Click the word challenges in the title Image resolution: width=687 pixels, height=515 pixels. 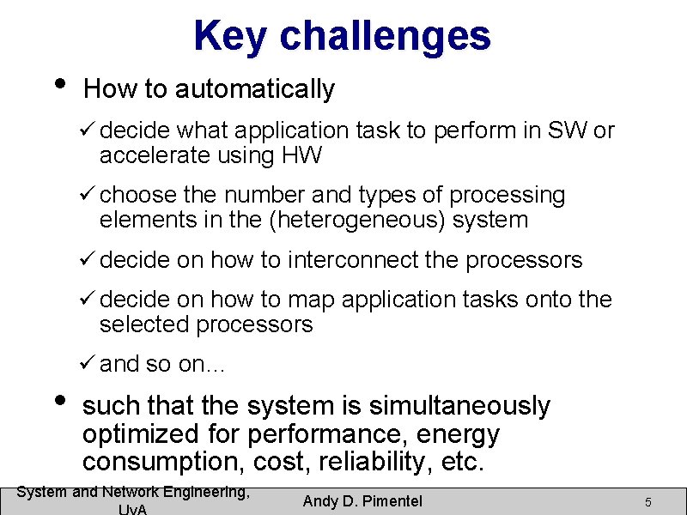(386, 36)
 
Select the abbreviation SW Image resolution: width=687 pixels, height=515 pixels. (568, 130)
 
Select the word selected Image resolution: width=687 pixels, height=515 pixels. (145, 324)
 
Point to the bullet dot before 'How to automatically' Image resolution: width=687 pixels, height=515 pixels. (58, 84)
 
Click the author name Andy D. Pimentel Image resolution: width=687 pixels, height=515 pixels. (362, 500)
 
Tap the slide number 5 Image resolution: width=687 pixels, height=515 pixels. (648, 501)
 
